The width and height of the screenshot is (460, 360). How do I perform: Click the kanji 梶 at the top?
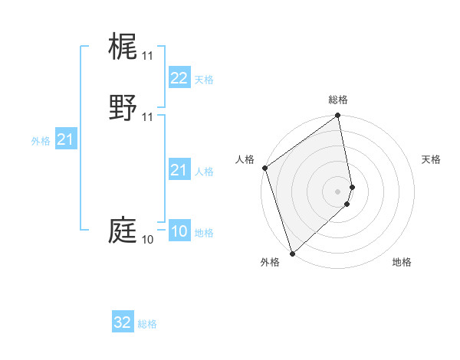coord(123,47)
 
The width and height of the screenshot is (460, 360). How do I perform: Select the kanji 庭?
coord(123,230)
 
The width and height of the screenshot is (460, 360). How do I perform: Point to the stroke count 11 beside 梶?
coord(147,56)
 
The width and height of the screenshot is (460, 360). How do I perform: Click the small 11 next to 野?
coord(147,116)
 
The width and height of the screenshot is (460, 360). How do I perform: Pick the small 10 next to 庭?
coord(147,240)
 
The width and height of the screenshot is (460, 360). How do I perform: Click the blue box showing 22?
coord(179,78)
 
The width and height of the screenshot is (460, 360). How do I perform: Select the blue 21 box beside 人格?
coord(179,170)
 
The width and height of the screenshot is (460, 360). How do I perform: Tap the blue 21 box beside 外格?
coord(65,139)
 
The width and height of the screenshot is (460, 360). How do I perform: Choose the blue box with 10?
coord(179,232)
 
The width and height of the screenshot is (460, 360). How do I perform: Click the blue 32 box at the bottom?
coord(123,322)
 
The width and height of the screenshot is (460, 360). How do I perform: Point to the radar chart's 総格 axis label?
coord(338,100)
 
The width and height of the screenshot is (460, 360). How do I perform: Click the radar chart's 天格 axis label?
coord(432,159)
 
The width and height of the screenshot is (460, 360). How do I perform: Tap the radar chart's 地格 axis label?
coord(402,262)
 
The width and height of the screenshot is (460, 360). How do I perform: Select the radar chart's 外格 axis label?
coord(269,262)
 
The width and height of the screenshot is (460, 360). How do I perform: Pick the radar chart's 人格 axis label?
coord(245,159)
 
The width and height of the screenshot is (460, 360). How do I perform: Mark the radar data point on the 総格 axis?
coord(338,116)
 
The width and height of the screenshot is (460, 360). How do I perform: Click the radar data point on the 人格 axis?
coord(264,168)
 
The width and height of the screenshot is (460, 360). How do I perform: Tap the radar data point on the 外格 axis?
coord(292,253)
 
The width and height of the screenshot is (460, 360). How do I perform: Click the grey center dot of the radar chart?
coord(338,191)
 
